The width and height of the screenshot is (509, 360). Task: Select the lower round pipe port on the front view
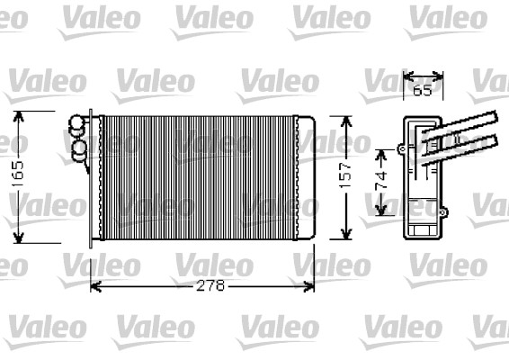78,146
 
